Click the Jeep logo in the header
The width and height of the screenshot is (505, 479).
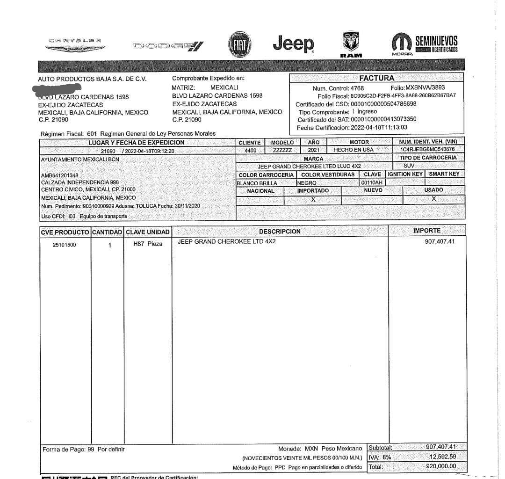[x=294, y=44]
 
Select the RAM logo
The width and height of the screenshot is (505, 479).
[x=351, y=44]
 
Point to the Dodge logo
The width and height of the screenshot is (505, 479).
[x=168, y=46]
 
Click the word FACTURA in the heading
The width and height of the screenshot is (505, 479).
[x=376, y=78]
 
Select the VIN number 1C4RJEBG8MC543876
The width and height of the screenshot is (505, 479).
[x=427, y=150]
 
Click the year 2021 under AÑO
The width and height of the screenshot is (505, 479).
[x=314, y=150]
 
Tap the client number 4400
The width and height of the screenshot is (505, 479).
[x=250, y=150]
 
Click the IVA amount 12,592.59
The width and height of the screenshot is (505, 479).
[x=442, y=457]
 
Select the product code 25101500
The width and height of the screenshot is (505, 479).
[x=65, y=245]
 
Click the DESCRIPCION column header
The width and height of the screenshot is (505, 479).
[x=280, y=231]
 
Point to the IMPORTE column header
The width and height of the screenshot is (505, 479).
[x=426, y=231]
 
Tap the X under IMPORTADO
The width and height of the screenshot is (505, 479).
[x=313, y=199]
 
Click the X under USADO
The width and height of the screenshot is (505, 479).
[x=433, y=199]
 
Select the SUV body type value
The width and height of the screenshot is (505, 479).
[x=409, y=166]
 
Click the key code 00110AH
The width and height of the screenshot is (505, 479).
[x=372, y=182]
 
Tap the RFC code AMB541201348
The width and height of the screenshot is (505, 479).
[x=60, y=175]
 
